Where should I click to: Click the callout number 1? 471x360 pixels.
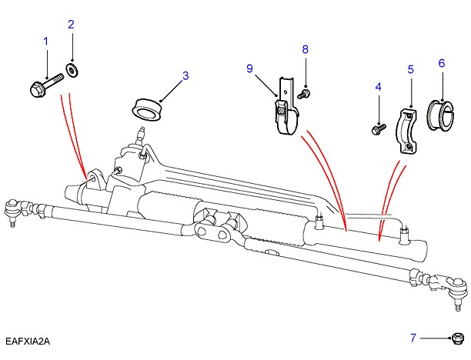click(45, 40)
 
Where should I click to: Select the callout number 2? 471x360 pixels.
click(71, 25)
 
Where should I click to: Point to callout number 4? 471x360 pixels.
click(378, 88)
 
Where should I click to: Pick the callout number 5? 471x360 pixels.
click(410, 69)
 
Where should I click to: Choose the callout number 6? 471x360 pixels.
click(442, 63)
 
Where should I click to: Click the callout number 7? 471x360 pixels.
click(413, 338)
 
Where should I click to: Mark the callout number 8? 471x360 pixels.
click(305, 49)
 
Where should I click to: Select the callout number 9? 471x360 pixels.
click(250, 68)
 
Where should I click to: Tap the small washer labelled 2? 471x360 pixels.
click(72, 72)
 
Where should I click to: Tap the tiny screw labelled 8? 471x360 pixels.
click(305, 93)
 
